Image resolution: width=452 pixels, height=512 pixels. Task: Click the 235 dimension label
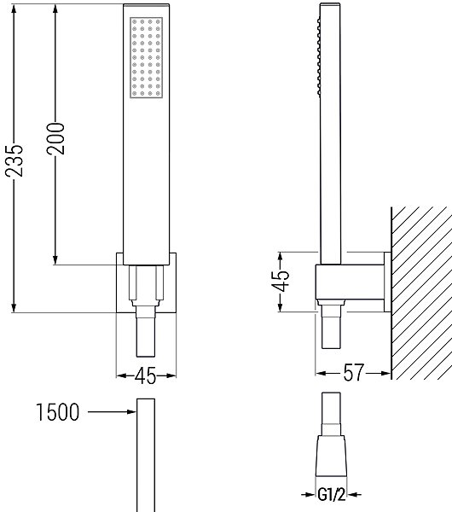click(14, 160)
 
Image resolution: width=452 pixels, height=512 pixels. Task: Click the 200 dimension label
click(55, 138)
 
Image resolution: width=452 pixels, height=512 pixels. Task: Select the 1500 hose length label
click(57, 412)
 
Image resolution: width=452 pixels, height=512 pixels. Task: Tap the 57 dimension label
click(353, 373)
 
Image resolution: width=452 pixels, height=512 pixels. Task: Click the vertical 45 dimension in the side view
click(281, 281)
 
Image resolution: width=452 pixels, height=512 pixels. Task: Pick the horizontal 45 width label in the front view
click(146, 375)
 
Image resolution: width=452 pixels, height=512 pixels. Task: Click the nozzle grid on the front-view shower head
click(146, 57)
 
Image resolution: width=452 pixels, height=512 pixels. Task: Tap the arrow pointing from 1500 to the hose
click(112, 412)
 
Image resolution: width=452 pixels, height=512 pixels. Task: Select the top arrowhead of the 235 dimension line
click(14, 9)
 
